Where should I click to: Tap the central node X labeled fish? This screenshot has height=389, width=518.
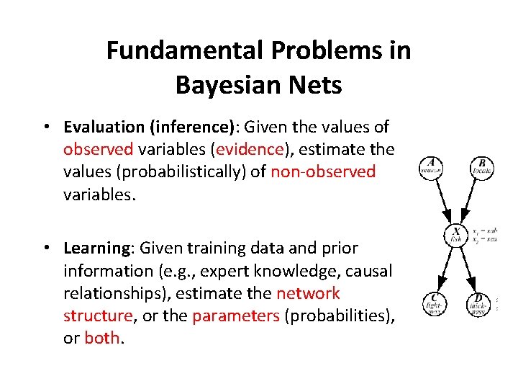pos(456,234)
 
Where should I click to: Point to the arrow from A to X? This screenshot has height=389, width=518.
pos(443,200)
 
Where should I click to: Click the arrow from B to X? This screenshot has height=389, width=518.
pos(468,200)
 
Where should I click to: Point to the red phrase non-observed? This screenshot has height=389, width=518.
pos(323,171)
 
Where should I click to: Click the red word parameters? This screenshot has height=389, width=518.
pos(235,316)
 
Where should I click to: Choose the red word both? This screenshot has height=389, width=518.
pos(103,339)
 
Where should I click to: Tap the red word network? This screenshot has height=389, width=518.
pos(308,294)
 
